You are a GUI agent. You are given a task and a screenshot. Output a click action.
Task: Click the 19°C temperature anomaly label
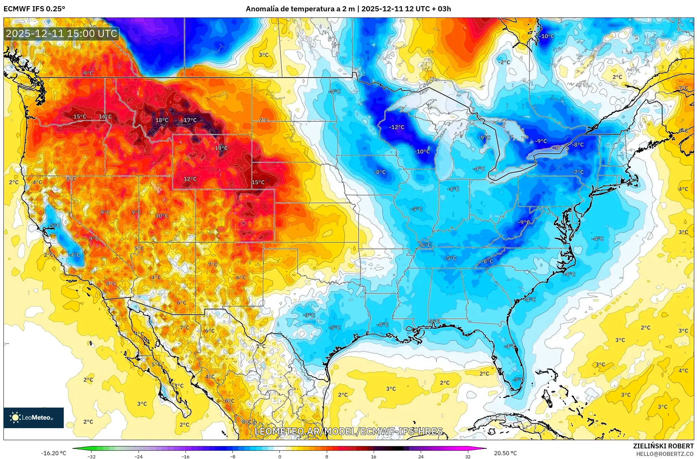point(221,148)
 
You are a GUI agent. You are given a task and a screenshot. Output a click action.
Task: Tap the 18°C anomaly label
point(162,120)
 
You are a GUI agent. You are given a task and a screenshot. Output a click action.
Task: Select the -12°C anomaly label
point(396,127)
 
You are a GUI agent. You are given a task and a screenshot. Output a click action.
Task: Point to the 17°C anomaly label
point(190,120)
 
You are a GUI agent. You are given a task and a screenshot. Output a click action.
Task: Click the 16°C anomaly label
point(105,117)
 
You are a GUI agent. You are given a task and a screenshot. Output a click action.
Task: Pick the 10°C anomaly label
point(162,216)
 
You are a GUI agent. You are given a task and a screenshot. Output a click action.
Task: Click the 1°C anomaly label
point(261,346)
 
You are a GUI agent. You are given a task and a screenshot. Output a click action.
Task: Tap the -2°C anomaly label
point(504,62)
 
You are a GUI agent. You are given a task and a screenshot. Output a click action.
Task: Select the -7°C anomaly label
point(577,172)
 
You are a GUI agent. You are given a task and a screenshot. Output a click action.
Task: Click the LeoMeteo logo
point(34,418)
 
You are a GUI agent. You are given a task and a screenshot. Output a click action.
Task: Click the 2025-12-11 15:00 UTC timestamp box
point(62,34)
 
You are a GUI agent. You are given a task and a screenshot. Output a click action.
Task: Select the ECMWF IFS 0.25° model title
point(34,9)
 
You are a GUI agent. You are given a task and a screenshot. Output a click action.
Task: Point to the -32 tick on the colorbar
point(92,456)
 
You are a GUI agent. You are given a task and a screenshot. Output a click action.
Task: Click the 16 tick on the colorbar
point(373,456)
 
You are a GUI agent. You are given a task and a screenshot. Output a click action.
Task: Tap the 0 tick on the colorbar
point(279,456)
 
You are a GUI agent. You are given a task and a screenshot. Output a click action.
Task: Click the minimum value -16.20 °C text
point(53,453)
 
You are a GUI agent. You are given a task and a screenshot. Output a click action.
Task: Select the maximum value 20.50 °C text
point(505,453)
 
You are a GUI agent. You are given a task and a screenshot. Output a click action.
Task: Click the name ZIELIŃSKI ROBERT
point(663,446)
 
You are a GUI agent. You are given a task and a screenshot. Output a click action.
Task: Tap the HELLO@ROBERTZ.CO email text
point(665,454)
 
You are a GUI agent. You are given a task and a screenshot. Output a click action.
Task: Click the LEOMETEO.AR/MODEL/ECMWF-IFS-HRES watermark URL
point(348,431)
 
